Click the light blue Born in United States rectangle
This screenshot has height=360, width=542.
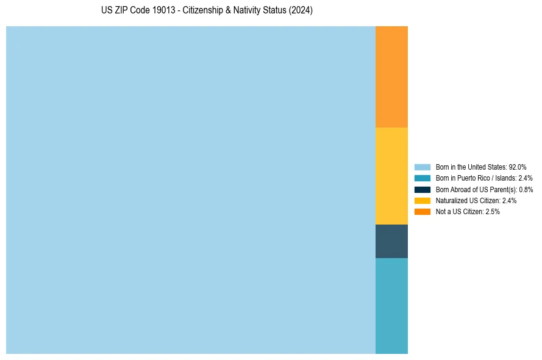point(190,190)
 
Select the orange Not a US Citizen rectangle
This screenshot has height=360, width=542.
point(391,77)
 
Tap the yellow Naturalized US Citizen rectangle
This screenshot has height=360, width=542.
point(391,176)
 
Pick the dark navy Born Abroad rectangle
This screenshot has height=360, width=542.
point(391,241)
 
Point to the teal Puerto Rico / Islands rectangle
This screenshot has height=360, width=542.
point(391,306)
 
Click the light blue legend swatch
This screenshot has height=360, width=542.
point(422,167)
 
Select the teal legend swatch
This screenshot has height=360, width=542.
point(422,178)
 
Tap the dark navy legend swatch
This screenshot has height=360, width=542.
point(422,189)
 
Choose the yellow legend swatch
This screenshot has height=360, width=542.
point(422,200)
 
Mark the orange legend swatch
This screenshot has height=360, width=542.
point(422,211)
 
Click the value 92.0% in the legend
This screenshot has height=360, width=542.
point(518,167)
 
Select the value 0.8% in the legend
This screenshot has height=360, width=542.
point(526,189)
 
